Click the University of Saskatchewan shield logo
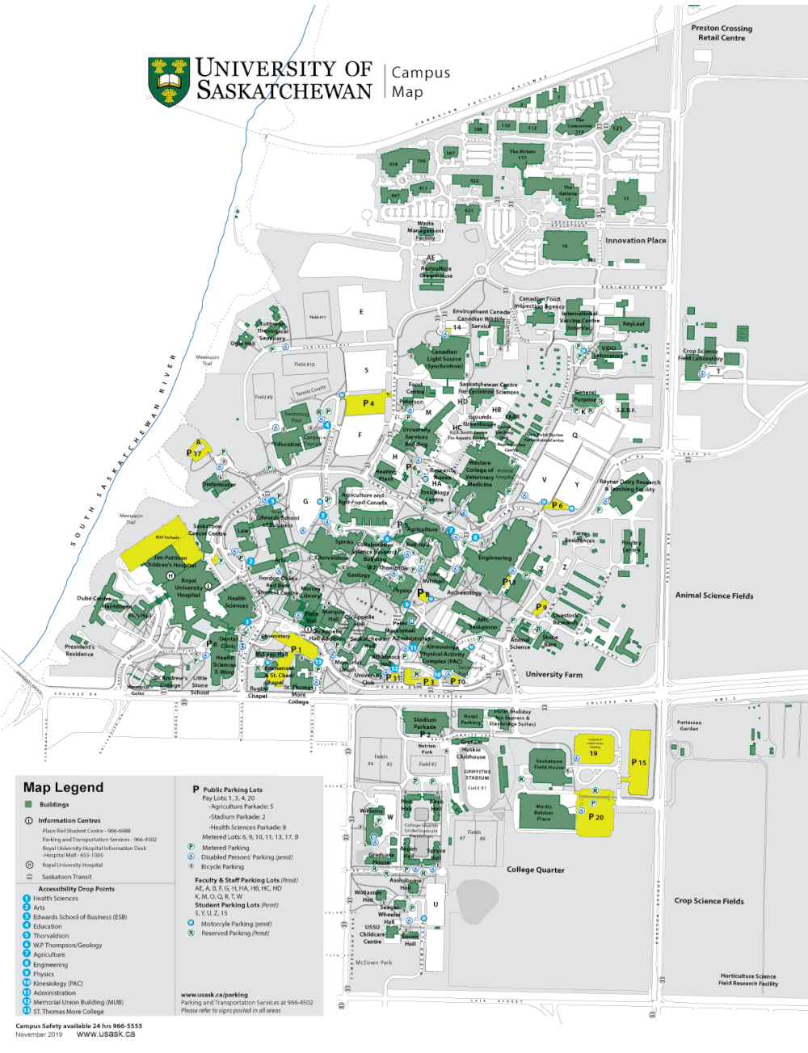pyautogui.click(x=168, y=82)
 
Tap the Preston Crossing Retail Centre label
pyautogui.click(x=722, y=33)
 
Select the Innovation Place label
pyautogui.click(x=636, y=240)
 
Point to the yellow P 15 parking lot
pyautogui.click(x=639, y=762)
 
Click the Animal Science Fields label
pyautogui.click(x=714, y=596)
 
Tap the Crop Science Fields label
pyautogui.click(x=709, y=901)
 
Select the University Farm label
pyautogui.click(x=553, y=674)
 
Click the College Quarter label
pyautogui.click(x=536, y=870)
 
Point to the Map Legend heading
pyautogui.click(x=63, y=787)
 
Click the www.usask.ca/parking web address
pyautogui.click(x=214, y=995)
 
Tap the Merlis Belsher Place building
pyautogui.click(x=544, y=812)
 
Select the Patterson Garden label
pyautogui.click(x=689, y=726)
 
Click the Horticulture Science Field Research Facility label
pyautogui.click(x=748, y=979)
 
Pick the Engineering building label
pyautogui.click(x=494, y=558)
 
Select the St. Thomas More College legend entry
pyautogui.click(x=69, y=1011)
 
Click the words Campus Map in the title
pyautogui.click(x=420, y=82)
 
